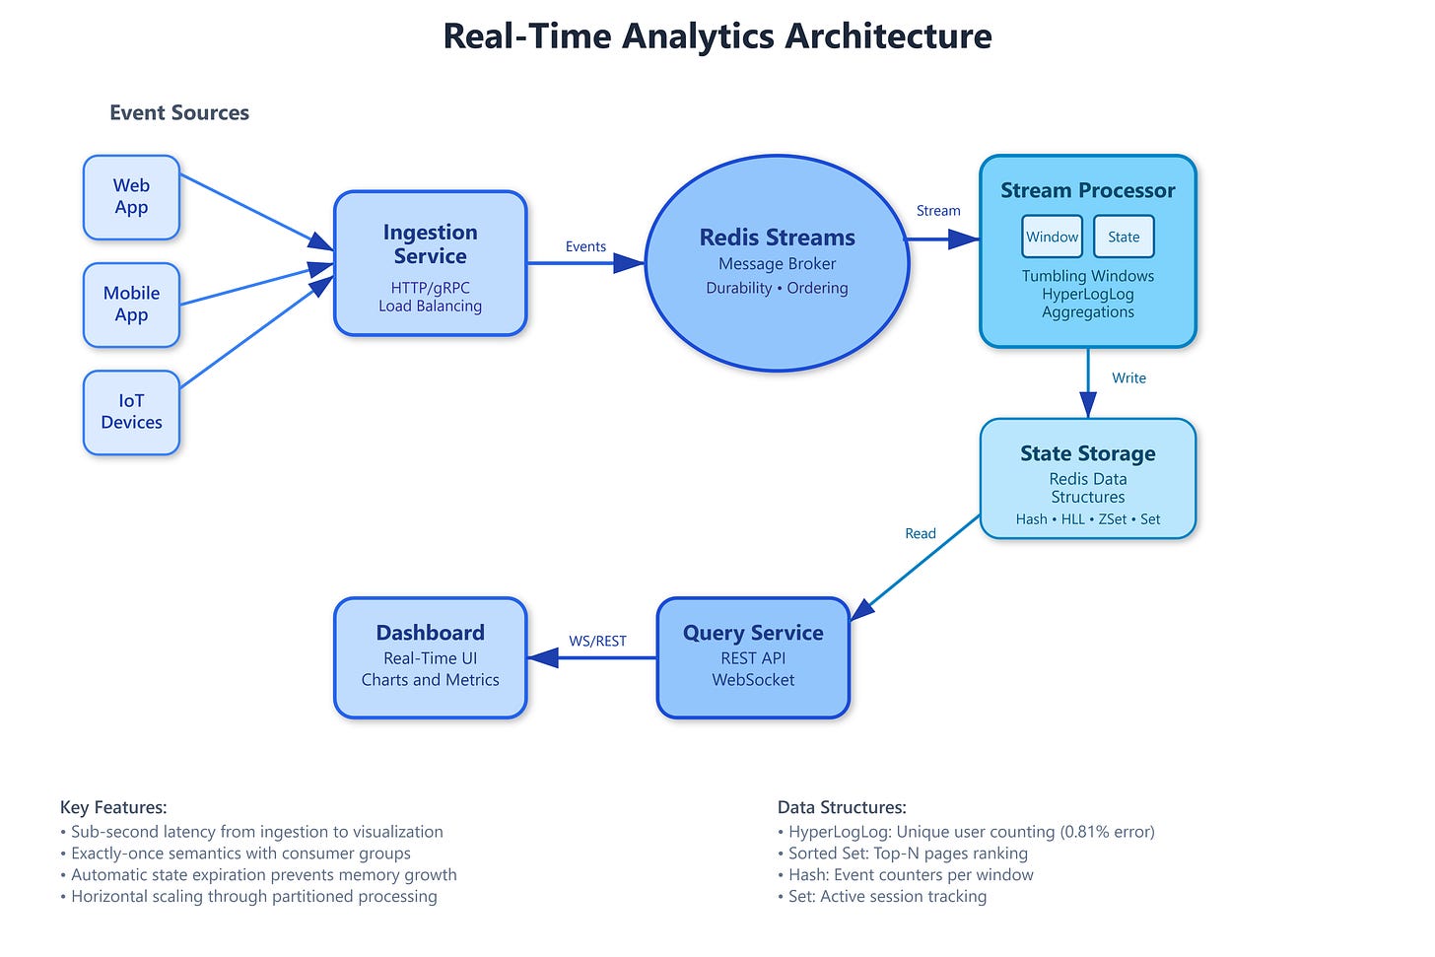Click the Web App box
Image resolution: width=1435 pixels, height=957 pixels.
(x=131, y=197)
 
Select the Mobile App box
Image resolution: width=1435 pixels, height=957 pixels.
(x=131, y=305)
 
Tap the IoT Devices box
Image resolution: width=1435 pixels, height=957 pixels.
(x=131, y=412)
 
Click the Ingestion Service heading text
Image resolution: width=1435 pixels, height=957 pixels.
(x=430, y=244)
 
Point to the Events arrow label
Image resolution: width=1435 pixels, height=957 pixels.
(x=585, y=246)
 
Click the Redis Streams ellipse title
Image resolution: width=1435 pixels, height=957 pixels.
(x=777, y=238)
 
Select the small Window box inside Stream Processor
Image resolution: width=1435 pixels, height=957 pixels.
(x=1052, y=237)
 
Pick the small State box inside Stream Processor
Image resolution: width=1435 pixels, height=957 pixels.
(x=1124, y=237)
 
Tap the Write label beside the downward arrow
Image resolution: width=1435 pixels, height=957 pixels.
(x=1128, y=378)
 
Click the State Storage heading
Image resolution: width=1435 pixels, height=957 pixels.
(x=1087, y=453)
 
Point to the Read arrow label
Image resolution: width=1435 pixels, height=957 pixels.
(x=920, y=533)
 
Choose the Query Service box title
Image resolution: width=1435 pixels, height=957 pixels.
(x=753, y=633)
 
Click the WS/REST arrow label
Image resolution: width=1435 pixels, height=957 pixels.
(x=597, y=641)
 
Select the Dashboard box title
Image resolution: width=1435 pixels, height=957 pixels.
(x=430, y=633)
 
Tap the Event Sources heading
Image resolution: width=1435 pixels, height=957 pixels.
(x=179, y=112)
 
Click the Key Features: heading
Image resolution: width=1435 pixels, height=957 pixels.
(x=113, y=807)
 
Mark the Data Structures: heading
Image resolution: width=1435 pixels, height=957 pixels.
(x=842, y=807)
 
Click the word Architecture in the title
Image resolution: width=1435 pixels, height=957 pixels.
(x=888, y=36)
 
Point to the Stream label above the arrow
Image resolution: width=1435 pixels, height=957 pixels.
(x=938, y=211)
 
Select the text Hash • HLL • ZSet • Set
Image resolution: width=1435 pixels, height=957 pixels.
(x=1087, y=519)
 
